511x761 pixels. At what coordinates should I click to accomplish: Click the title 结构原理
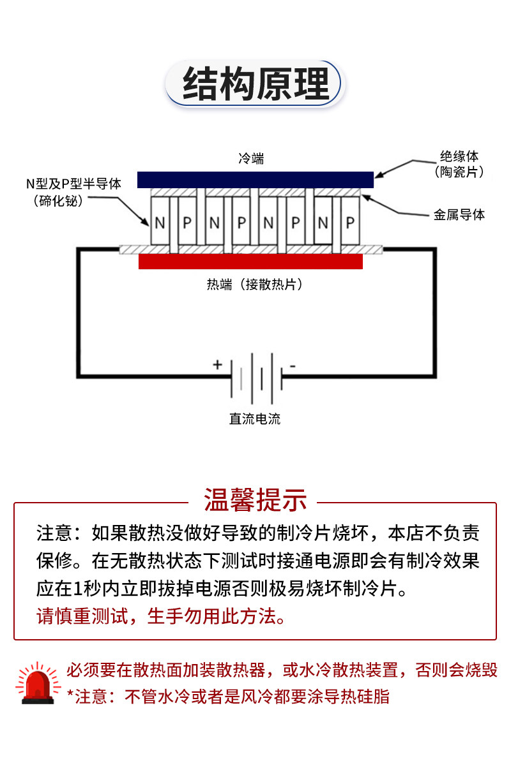(x=256, y=84)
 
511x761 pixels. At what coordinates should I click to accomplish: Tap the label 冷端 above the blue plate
(x=252, y=159)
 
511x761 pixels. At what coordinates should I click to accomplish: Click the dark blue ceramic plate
(x=256, y=180)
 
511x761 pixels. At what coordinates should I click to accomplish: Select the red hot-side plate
(x=250, y=261)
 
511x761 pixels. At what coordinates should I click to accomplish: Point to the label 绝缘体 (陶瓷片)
(x=459, y=164)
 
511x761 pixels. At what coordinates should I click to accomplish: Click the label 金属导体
(x=459, y=214)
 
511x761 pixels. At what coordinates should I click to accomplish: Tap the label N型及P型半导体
(x=73, y=184)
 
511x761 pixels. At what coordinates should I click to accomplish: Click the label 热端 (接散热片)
(x=255, y=284)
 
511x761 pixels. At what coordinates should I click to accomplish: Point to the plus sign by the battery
(x=217, y=364)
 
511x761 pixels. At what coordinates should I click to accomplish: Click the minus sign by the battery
(x=293, y=366)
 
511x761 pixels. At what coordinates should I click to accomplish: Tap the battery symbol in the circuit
(x=257, y=378)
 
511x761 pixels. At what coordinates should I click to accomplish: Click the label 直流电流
(x=255, y=419)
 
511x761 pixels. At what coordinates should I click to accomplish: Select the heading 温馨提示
(x=256, y=500)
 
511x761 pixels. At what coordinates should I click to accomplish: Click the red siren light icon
(x=38, y=683)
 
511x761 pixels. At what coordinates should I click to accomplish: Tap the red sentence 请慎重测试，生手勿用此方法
(x=160, y=616)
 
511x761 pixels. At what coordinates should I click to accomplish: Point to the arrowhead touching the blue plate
(x=378, y=175)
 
